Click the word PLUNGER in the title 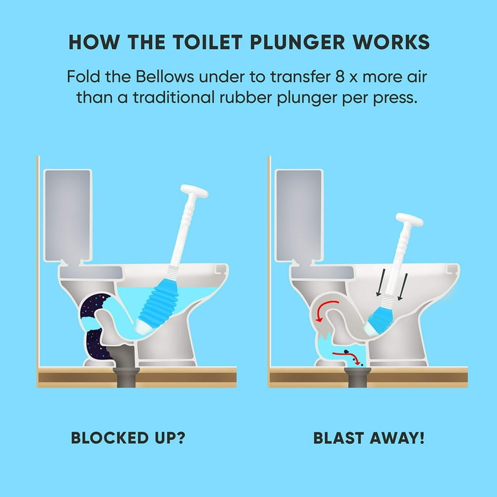(297, 42)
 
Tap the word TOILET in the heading (207, 42)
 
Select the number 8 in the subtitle (340, 77)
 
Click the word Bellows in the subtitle (165, 77)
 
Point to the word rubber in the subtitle (246, 97)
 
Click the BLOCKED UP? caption (128, 437)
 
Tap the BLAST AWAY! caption (369, 437)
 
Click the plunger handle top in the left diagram (194, 191)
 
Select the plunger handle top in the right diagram (409, 219)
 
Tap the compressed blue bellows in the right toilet (381, 319)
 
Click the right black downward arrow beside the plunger (403, 287)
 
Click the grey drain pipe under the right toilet (357, 377)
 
